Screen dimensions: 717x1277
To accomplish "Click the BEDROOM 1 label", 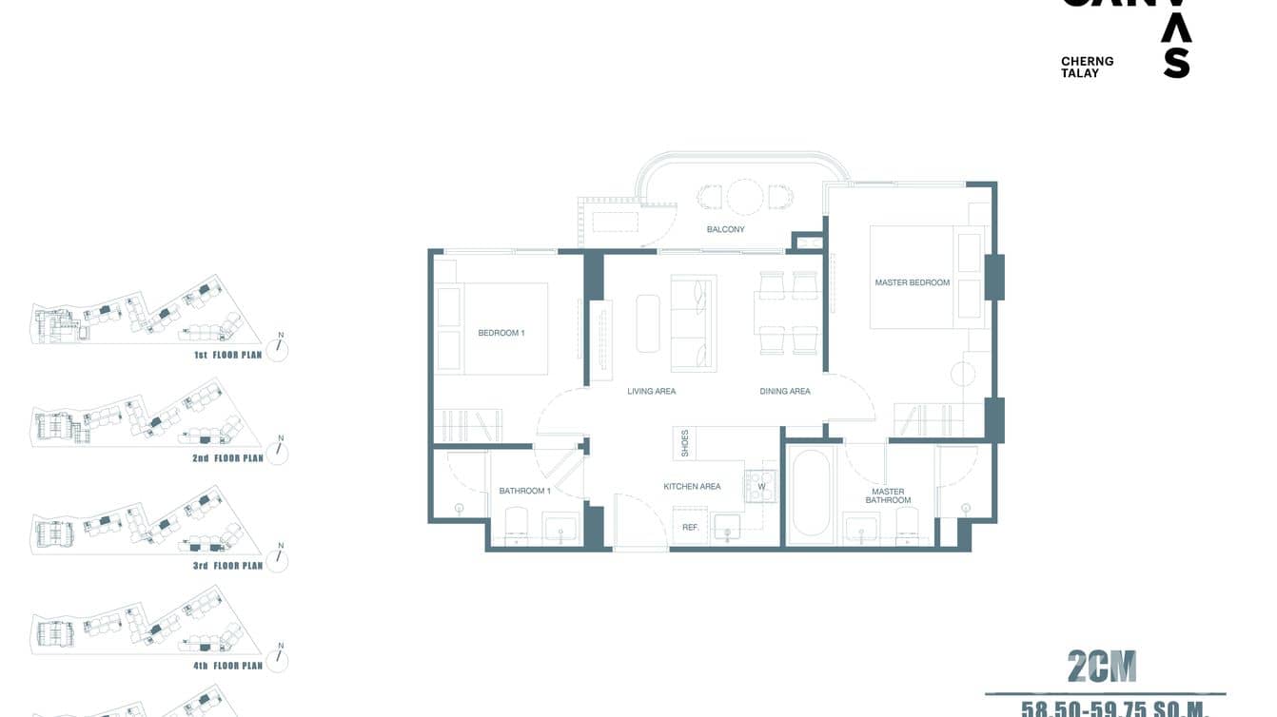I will click(x=501, y=333).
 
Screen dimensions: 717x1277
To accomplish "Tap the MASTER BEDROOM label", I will click(x=912, y=282).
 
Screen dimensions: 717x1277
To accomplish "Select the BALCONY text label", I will click(x=725, y=229).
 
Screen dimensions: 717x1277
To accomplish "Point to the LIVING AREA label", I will click(x=651, y=391).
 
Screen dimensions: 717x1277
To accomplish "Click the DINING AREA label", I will click(x=785, y=391).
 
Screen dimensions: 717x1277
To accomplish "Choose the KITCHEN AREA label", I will click(x=692, y=487).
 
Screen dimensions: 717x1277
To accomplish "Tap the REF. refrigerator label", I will click(x=691, y=527).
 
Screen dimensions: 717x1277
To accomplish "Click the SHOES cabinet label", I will click(x=684, y=443).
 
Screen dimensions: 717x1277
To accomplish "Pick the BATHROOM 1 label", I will click(x=524, y=491).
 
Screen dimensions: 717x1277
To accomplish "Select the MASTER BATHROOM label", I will click(x=888, y=496).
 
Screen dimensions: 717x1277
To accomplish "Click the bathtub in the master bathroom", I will click(x=812, y=493).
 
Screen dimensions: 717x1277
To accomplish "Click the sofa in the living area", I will click(x=693, y=323).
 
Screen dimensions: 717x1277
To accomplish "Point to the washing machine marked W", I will click(x=760, y=487).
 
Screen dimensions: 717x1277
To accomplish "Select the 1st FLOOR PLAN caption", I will click(x=226, y=355).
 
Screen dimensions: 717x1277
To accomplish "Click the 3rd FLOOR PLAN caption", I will click(x=226, y=566).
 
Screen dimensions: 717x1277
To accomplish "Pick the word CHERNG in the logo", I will click(x=1087, y=62).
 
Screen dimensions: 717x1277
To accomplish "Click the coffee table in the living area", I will click(x=648, y=323).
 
